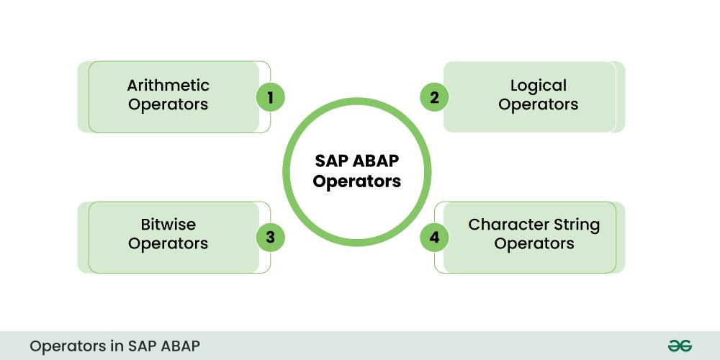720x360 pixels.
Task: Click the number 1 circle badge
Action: pos(271,97)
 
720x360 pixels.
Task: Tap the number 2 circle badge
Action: pos(434,97)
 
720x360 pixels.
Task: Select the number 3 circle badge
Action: pos(271,237)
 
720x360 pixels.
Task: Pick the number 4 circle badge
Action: pos(434,237)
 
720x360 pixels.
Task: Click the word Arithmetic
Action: pos(168,85)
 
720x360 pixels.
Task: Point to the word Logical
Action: pos(539,85)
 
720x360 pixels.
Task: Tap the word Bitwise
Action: pos(168,225)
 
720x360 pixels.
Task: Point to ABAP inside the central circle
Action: pos(375,161)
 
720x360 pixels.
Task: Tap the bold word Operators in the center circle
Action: pos(357,181)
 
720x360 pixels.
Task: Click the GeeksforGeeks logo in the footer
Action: pos(680,346)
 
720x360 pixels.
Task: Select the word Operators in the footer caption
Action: pos(67,346)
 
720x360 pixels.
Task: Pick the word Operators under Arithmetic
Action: pos(168,104)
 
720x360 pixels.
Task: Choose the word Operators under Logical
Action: pos(539,104)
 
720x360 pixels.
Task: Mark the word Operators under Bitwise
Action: pos(168,243)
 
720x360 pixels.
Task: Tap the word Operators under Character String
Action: pos(534,243)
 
